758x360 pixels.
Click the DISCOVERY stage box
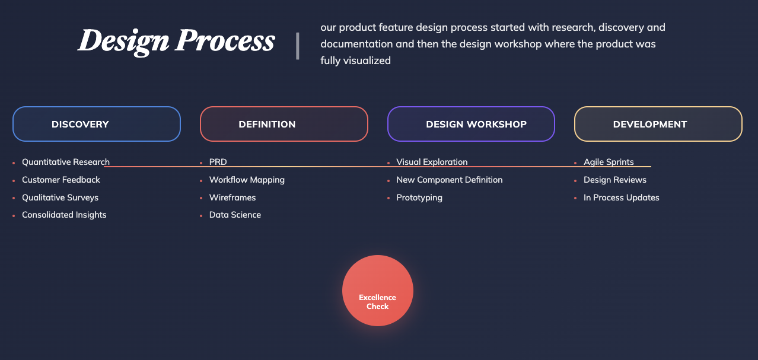(97, 124)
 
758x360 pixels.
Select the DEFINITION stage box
(284, 124)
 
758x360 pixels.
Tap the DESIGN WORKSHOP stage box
(471, 124)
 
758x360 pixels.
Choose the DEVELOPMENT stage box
(658, 124)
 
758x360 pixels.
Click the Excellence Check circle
(378, 291)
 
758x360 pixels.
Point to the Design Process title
(176, 42)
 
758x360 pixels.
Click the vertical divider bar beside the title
(298, 46)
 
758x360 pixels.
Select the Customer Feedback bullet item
(61, 180)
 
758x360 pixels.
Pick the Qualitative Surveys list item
(60, 197)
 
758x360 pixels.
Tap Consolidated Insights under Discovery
(64, 215)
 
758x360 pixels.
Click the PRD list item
(218, 162)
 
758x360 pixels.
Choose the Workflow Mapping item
(247, 180)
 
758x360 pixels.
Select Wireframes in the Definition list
(233, 197)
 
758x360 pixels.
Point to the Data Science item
(235, 215)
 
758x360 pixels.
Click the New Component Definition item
(450, 180)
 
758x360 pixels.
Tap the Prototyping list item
(419, 197)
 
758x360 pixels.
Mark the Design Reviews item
(615, 180)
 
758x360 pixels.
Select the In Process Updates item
(622, 197)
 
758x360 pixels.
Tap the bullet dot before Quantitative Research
(14, 163)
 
